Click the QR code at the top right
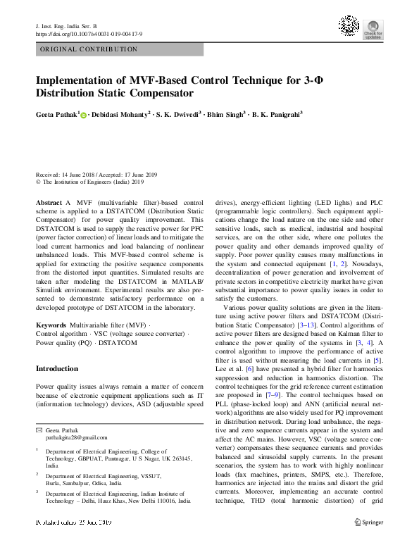point(350,27)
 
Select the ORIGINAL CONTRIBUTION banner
point(89,49)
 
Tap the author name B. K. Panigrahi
point(277,115)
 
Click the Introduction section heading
point(57,368)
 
